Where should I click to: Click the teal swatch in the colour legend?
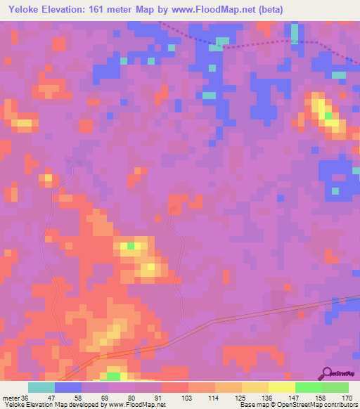tap(41, 387)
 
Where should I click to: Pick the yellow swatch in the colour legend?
tap(281, 387)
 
